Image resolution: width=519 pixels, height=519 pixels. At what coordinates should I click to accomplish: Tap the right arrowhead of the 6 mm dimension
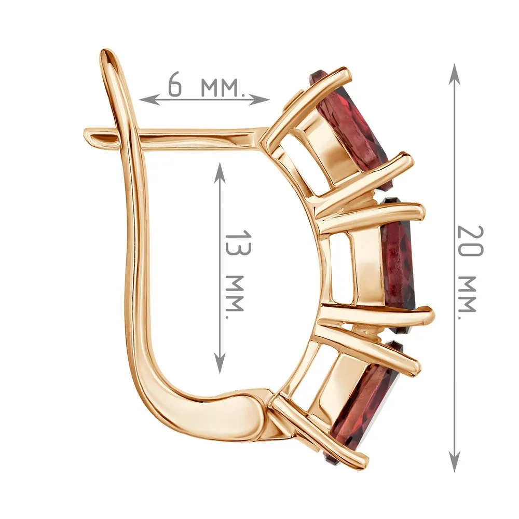pos(259,99)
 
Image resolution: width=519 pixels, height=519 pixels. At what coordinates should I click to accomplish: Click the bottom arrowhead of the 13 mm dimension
pos(220,362)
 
